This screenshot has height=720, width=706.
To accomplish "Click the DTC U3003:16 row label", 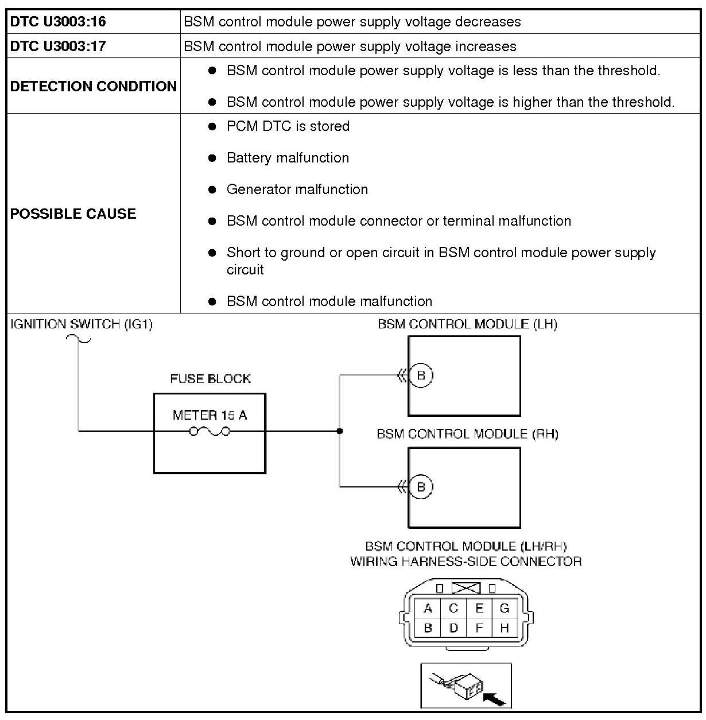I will tap(58, 22).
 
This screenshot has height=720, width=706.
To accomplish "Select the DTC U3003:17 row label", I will tap(58, 47).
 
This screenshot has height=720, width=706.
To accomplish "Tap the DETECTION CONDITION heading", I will tap(94, 86).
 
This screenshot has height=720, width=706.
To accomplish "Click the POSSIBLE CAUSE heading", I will tap(73, 214).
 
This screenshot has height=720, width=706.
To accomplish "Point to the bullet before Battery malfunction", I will tap(212, 158).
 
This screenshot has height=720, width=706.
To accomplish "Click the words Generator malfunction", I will tap(297, 189).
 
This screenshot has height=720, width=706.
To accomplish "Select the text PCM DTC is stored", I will tap(288, 126).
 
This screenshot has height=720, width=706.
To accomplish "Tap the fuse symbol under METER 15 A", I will tap(210, 431).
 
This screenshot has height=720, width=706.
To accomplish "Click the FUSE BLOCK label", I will tap(210, 379).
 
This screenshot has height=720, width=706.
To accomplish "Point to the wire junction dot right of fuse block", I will tap(340, 431).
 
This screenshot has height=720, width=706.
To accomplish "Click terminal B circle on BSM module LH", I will tap(421, 376).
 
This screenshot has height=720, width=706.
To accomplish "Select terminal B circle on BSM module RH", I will tap(421, 487).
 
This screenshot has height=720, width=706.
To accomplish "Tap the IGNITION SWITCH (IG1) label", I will tap(82, 324).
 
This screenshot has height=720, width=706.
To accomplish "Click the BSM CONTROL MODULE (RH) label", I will tap(467, 434).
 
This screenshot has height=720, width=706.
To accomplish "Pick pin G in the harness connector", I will tap(505, 609).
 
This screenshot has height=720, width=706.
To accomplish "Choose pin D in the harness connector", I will tap(453, 628).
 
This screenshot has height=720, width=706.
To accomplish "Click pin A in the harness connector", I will tap(428, 609).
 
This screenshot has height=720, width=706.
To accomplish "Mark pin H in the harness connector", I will tap(505, 628).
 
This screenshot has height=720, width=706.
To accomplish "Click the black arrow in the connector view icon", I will tap(495, 698).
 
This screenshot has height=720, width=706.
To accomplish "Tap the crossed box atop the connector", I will tap(466, 589).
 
